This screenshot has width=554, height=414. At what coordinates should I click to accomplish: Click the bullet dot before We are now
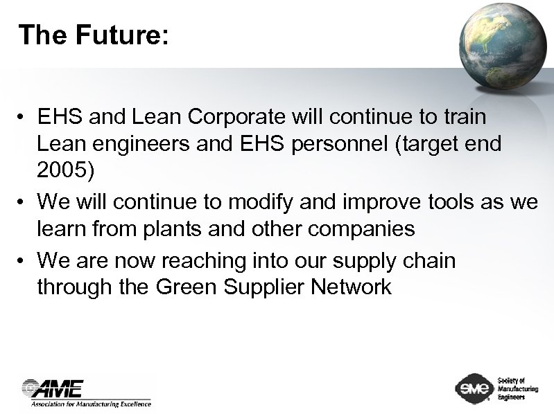coord(24,262)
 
